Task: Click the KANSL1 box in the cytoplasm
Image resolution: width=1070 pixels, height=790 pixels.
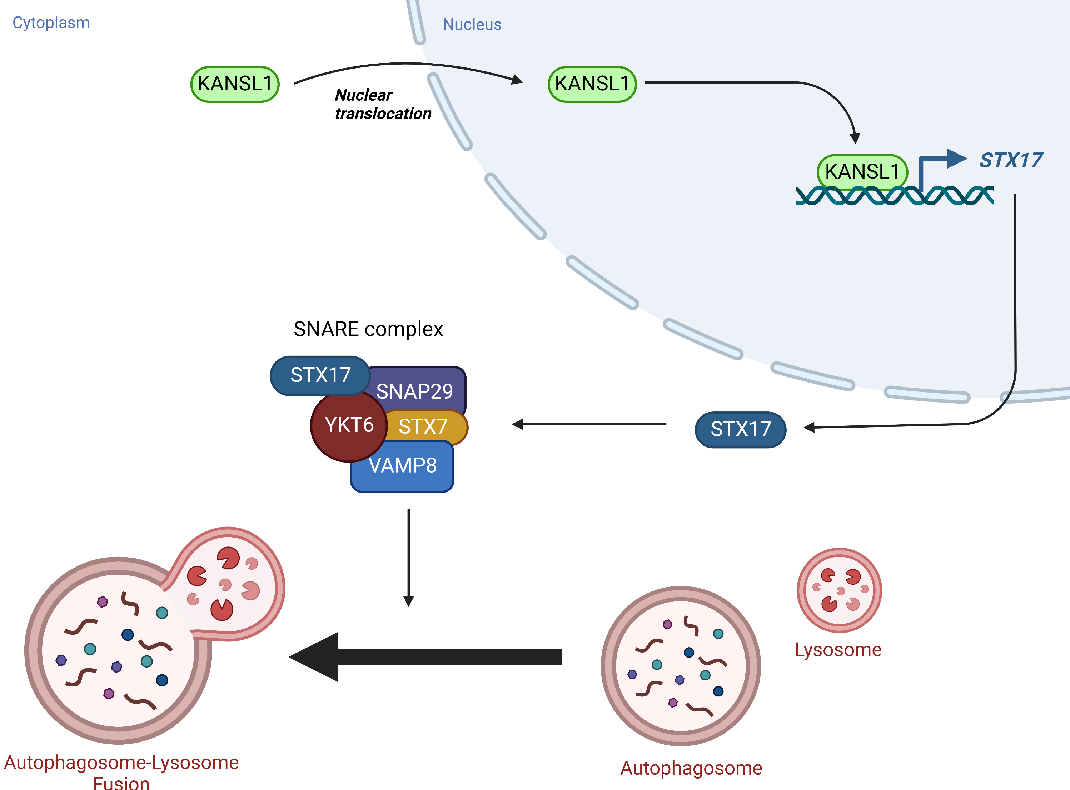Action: [x=235, y=84]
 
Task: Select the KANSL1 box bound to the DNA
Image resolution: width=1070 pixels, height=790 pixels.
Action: [x=862, y=171]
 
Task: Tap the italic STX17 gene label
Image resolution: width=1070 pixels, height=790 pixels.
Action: [x=1011, y=160]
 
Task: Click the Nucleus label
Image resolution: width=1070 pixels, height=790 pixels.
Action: [x=472, y=24]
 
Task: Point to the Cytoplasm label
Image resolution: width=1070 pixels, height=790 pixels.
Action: [x=51, y=23]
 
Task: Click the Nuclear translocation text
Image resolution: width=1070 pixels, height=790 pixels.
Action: [x=383, y=104]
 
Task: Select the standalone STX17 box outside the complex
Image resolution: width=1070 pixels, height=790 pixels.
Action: [x=741, y=429]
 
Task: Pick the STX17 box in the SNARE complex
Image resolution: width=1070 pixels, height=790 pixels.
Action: [x=320, y=375]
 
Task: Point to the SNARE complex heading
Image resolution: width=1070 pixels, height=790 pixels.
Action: [x=368, y=329]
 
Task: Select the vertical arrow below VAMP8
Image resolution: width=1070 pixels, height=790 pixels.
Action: [x=408, y=557]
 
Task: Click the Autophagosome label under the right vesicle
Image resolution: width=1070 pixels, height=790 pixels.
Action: [x=691, y=768]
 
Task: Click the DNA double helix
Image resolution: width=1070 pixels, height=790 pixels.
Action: [x=895, y=196]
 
